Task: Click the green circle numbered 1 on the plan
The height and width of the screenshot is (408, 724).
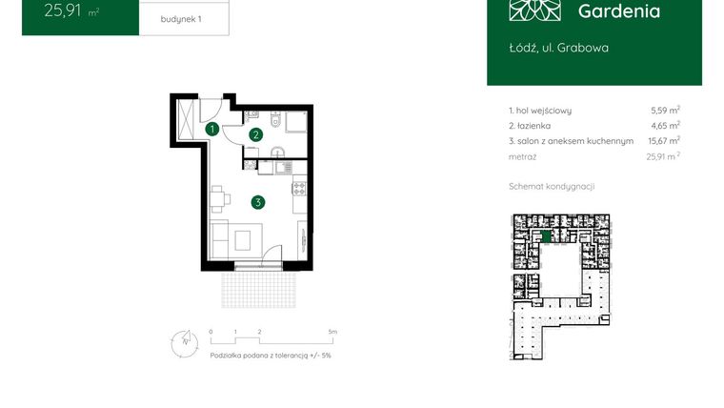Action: (213, 128)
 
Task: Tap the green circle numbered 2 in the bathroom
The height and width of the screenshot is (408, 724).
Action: (255, 135)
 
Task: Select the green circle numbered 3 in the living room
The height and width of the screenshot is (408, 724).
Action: (258, 201)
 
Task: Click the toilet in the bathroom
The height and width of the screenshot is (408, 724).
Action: (273, 122)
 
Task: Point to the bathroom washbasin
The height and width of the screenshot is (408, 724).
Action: (276, 153)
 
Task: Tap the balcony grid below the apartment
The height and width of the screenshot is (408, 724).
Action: (254, 286)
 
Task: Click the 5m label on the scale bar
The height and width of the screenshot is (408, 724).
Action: (332, 332)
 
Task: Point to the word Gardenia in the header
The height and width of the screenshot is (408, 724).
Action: (619, 11)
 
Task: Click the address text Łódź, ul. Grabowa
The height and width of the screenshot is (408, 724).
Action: (558, 47)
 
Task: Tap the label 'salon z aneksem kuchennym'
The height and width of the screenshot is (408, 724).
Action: (575, 140)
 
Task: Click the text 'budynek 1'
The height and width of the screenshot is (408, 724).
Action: (182, 18)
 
